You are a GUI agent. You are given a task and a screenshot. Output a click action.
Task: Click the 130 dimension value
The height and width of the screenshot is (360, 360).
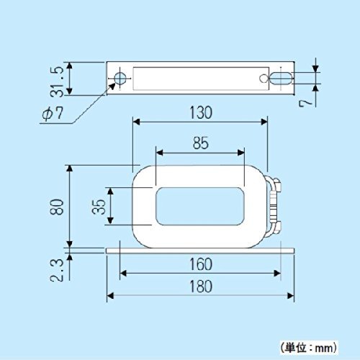[x=201, y=112]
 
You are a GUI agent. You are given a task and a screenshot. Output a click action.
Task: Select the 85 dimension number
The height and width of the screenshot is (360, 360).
[x=201, y=143]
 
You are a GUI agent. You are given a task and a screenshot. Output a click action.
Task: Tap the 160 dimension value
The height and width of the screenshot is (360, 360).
[x=201, y=264]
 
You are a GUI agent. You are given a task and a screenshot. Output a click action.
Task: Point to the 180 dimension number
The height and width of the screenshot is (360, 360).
[x=201, y=287]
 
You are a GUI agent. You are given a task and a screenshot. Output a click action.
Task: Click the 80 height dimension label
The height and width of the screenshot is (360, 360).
[x=57, y=207]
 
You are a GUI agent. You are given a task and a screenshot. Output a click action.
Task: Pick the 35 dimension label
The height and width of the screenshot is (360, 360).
[x=99, y=207]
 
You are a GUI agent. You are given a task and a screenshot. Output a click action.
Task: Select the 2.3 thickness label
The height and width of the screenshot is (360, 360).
[x=57, y=270]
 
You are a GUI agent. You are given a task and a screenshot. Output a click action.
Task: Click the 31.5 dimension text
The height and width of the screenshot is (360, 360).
[x=57, y=81]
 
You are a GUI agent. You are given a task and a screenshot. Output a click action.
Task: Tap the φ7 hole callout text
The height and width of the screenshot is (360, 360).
[x=53, y=113]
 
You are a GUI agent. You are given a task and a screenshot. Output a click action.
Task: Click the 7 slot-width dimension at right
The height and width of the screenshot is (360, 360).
[x=306, y=102]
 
